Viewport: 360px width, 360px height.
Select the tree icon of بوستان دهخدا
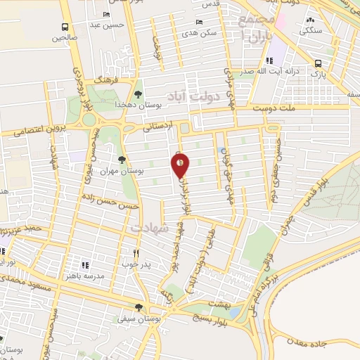click(138, 93)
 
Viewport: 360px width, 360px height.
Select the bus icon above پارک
click(318, 62)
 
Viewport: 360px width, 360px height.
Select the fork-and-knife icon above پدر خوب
click(136, 253)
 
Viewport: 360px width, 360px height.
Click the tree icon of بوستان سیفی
click(139, 307)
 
